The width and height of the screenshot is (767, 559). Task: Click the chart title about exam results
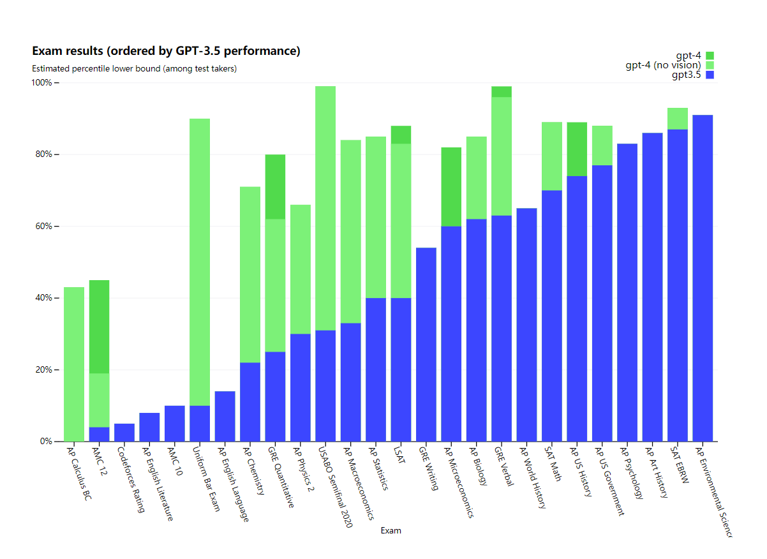pos(166,51)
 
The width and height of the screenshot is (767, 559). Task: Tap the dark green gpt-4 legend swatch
pos(710,56)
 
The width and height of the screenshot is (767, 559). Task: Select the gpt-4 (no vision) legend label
pos(663,65)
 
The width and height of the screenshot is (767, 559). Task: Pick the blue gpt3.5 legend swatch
pos(710,75)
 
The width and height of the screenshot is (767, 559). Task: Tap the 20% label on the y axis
pos(44,370)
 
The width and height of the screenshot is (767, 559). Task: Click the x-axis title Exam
pos(391,530)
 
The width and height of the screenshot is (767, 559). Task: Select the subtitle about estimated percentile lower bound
pos(134,69)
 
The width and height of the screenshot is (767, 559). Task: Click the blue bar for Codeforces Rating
pos(124,433)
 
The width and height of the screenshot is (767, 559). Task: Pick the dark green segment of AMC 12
pos(99,327)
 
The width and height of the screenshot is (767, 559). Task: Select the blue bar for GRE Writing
pos(426,345)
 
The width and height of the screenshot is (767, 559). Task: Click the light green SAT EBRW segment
pos(677,119)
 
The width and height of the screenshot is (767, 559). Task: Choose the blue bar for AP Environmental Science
pos(703,278)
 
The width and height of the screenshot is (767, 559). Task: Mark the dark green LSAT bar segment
pos(401,135)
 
